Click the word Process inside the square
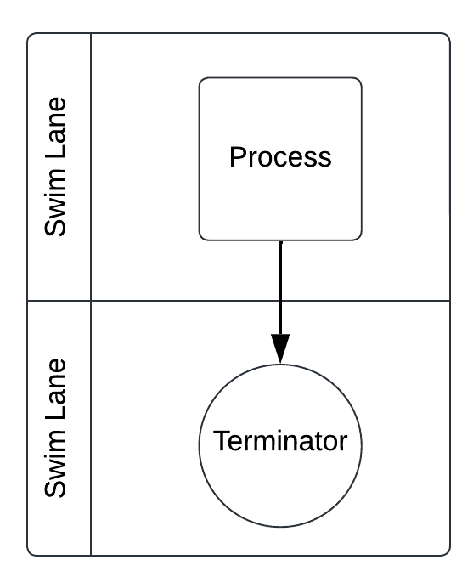pyautogui.click(x=280, y=157)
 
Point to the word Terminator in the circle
pyautogui.click(x=280, y=442)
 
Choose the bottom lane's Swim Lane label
pyautogui.click(x=58, y=427)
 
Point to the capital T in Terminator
pyautogui.click(x=220, y=442)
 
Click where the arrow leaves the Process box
pyautogui.click(x=280, y=241)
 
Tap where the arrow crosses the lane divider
pyautogui.click(x=280, y=300)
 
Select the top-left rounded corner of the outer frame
pyautogui.click(x=31, y=37)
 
